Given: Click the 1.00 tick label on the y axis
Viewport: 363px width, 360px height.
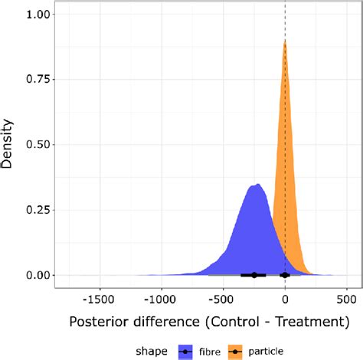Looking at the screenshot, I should [39, 15].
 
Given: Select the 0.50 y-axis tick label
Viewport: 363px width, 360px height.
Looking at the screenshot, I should [39, 145].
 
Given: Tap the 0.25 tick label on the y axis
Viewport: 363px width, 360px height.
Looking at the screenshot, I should [39, 210].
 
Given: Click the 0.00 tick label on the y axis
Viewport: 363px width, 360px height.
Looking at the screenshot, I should [39, 275].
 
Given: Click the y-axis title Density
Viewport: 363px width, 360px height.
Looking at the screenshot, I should [10, 146].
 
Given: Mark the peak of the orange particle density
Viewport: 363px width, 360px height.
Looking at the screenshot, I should [285, 41].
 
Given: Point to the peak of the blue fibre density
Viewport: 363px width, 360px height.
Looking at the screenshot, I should [258, 185].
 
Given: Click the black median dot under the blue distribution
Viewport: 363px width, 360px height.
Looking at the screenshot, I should [254, 275].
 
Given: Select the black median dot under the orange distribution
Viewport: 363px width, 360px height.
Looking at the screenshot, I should [285, 275].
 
